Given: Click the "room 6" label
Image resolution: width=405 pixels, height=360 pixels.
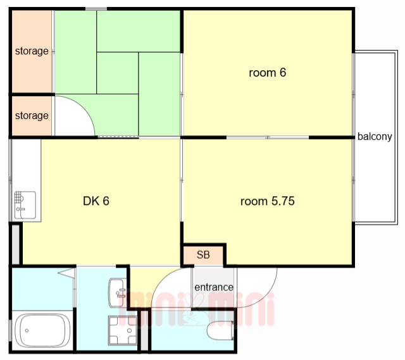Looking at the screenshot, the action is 267,73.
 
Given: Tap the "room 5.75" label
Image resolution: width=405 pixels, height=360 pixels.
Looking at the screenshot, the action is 267,201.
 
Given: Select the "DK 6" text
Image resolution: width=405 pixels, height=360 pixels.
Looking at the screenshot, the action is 96,201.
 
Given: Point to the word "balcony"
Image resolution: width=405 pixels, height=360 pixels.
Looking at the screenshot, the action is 375,136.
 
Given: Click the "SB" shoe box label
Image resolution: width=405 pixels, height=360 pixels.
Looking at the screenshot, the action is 203,254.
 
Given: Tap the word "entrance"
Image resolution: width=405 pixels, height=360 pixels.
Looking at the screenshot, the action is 214,287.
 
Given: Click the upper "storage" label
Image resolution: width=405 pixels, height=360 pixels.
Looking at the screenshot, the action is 32,51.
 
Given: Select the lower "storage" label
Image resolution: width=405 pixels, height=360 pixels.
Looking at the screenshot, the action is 32,115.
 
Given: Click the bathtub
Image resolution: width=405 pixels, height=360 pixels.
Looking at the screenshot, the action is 42,330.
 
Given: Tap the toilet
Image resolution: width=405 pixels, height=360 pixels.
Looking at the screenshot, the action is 220,330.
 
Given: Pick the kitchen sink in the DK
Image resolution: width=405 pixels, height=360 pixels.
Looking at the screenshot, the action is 25,205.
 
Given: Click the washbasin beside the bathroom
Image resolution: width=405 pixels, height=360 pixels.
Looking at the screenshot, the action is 118,292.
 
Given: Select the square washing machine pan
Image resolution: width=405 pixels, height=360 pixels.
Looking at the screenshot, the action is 122,330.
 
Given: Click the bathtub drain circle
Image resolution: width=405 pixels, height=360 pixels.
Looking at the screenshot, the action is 27,330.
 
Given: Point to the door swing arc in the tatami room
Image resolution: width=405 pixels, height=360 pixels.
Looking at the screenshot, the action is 82,106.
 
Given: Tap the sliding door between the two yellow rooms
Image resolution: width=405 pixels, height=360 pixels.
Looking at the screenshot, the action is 268,137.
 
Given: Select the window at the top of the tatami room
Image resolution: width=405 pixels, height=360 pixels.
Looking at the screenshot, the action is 96,9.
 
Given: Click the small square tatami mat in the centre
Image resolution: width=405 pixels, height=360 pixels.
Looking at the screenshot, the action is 117,73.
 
